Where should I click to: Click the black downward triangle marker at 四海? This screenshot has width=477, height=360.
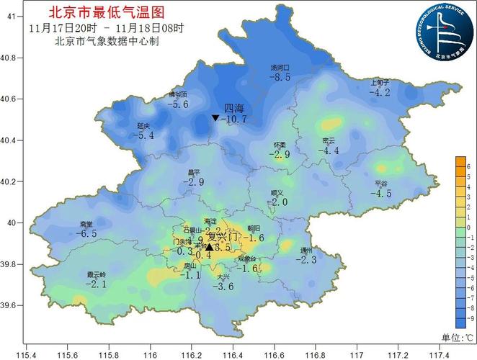coord(215,117)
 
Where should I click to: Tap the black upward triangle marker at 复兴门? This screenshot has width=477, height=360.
coord(209,246)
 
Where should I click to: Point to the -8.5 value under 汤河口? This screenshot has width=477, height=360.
coord(280,77)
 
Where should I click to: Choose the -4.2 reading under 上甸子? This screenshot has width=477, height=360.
coord(379,92)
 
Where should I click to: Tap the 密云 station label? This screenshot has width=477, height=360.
coord(329,140)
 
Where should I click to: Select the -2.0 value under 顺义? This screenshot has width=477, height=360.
coord(277,203)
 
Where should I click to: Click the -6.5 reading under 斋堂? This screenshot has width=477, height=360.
coord(86,234)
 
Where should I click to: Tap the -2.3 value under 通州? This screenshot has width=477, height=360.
coord(308,260)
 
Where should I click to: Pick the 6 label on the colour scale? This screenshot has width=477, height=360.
coord(470,166)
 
